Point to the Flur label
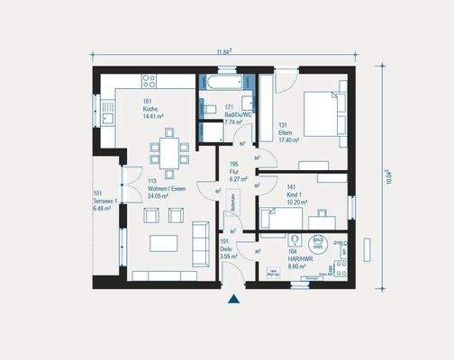pyautogui.click(x=232, y=172)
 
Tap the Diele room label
pyautogui.click(x=227, y=249)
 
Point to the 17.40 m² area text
pyautogui.click(x=289, y=140)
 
